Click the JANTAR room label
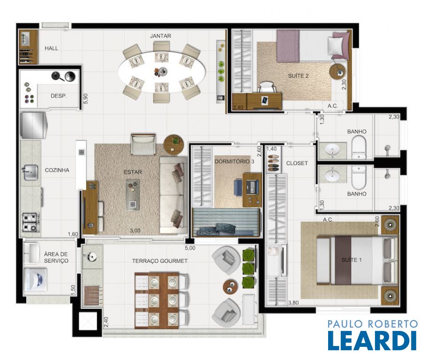click(160, 36)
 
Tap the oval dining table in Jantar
click(162, 72)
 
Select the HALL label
click(52, 48)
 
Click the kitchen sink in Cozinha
click(30, 172)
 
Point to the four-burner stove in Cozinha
click(30, 222)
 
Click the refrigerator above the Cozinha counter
click(33, 125)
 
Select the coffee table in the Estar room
click(133, 194)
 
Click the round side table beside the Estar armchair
click(174, 144)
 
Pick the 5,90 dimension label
click(86, 98)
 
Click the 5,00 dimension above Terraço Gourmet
click(190, 248)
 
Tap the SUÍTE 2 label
click(298, 76)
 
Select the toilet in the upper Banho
click(359, 148)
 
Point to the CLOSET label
click(297, 163)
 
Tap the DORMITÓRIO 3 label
click(234, 161)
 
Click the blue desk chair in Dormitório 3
click(239, 187)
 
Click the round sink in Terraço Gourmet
click(92, 256)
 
